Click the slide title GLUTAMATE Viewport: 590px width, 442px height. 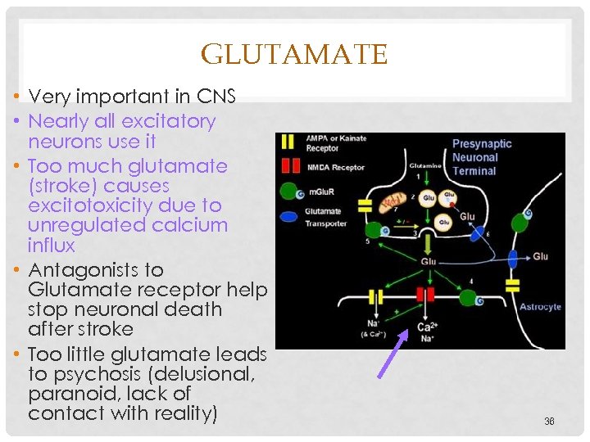point(293,55)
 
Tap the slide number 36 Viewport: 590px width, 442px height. point(549,422)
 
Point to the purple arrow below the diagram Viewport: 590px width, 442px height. point(393,353)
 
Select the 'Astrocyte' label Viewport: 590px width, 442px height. point(540,307)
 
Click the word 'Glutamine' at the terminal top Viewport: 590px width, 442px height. point(425,165)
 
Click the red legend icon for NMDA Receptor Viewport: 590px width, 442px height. point(287,167)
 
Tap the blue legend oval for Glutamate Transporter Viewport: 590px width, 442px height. point(288,217)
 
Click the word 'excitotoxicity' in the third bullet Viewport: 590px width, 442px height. point(86,205)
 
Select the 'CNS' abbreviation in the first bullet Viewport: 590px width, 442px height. point(216,97)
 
